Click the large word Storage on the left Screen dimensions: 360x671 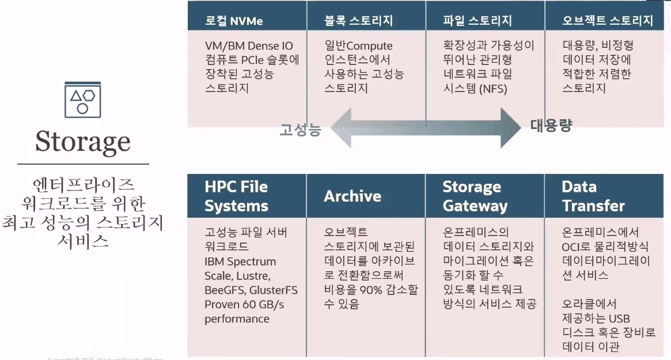point(83,141)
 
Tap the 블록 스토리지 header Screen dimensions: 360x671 point(358,21)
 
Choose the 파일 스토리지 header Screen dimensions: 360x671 point(477,21)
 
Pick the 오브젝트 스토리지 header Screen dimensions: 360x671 point(608,21)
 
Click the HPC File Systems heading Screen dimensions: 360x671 point(237,196)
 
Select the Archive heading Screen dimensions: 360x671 point(352,196)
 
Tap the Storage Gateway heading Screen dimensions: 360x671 point(475,196)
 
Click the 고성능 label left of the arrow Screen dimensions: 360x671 point(300,130)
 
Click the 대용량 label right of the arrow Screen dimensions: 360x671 point(551,126)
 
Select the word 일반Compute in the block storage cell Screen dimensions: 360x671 point(358,46)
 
